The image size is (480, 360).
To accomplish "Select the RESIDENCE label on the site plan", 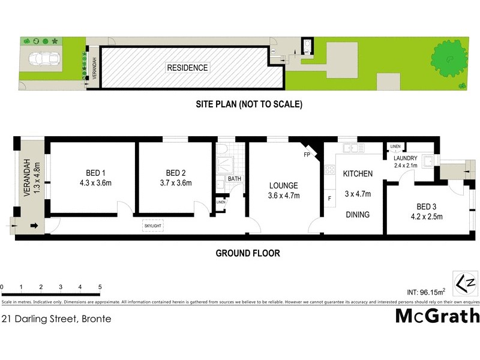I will click(188, 68).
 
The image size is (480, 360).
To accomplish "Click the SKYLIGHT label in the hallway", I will click(152, 226).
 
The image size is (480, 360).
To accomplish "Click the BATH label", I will click(234, 179).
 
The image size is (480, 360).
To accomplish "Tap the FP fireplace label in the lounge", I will click(306, 155).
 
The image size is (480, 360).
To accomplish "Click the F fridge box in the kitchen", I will click(329, 199).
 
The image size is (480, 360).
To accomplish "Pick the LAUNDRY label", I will click(406, 158).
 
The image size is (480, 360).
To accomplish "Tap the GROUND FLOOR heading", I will click(248, 253).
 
